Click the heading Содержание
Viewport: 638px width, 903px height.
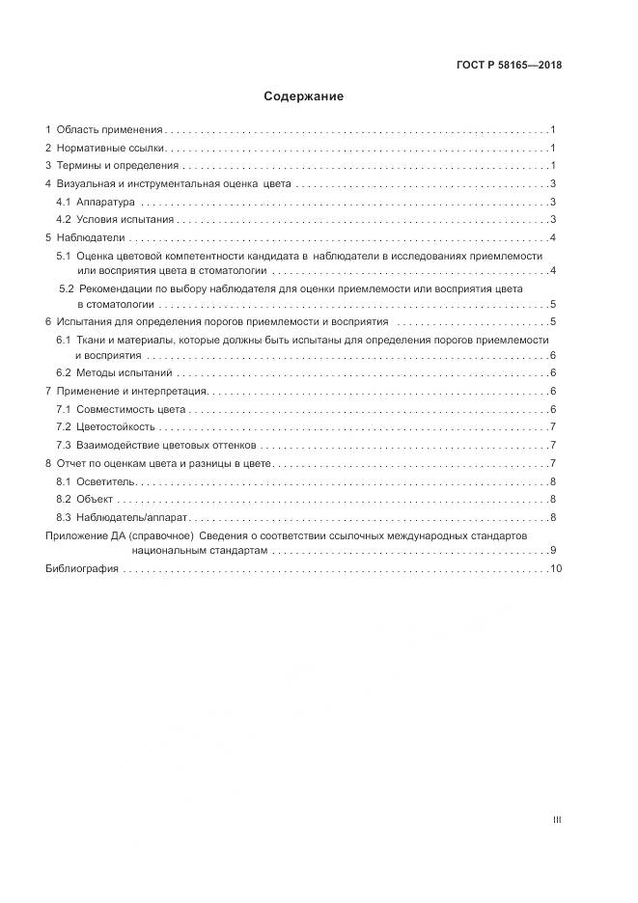(304, 96)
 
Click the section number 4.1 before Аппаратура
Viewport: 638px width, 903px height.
(64, 203)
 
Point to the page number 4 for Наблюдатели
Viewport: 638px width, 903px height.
(551, 238)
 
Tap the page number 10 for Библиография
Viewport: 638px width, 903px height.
(555, 569)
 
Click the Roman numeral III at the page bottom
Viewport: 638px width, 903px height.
(556, 820)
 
